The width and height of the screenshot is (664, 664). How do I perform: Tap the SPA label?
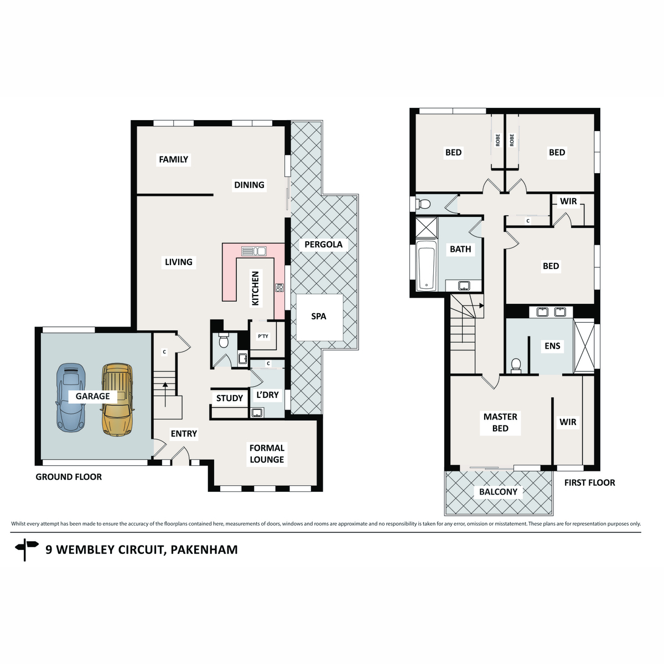pos(319,317)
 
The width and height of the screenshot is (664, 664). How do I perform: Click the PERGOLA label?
pos(323,245)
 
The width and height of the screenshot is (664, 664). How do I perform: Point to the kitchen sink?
pos(254,251)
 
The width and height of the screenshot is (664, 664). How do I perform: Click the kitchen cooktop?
pos(279,288)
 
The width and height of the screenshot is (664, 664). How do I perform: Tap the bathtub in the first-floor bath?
pos(426,266)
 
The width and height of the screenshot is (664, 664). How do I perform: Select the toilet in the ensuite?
pos(516,365)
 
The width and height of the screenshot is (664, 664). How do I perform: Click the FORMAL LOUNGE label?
pos(267,454)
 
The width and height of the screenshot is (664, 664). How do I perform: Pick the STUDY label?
pos(230,398)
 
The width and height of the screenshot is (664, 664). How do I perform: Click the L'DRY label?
pos(268,395)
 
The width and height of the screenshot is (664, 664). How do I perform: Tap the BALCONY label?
pos(498,492)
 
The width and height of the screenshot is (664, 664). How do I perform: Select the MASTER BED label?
pos(500,422)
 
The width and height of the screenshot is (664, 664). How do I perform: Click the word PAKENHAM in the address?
pos(204,549)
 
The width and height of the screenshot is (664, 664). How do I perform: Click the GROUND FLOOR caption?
pos(69,477)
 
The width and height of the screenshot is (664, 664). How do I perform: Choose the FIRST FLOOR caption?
pos(589,483)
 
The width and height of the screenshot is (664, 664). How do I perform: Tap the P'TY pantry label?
pos(263,336)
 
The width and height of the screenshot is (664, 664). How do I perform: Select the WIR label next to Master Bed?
pos(568,422)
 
